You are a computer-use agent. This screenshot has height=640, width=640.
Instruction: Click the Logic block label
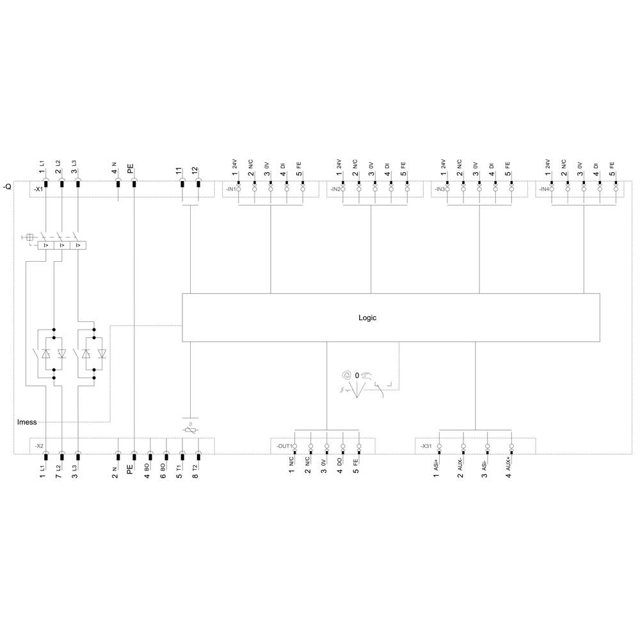pyautogui.click(x=367, y=317)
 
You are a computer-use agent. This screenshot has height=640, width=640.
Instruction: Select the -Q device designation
pyautogui.click(x=7, y=187)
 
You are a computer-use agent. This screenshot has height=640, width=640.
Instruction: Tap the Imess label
pyautogui.click(x=27, y=422)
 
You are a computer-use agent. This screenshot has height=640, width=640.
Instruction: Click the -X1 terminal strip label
pyautogui.click(x=38, y=189)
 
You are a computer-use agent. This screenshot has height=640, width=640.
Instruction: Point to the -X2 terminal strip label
pyautogui.click(x=38, y=445)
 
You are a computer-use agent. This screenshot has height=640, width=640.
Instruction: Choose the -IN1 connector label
pyautogui.click(x=230, y=189)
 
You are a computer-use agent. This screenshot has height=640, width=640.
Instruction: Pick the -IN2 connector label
pyautogui.click(x=335, y=189)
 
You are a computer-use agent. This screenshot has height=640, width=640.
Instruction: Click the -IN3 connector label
pyautogui.click(x=439, y=189)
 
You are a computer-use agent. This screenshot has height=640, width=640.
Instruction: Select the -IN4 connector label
pyautogui.click(x=543, y=189)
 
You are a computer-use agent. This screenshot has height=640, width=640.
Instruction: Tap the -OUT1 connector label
pyautogui.click(x=284, y=445)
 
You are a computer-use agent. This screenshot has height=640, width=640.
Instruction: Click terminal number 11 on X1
pyautogui.click(x=179, y=171)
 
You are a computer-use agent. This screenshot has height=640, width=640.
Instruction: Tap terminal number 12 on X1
pyautogui.click(x=195, y=171)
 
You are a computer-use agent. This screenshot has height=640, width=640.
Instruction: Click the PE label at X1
pyautogui.click(x=131, y=170)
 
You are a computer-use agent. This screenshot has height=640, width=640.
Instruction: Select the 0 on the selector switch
pyautogui.click(x=358, y=375)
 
